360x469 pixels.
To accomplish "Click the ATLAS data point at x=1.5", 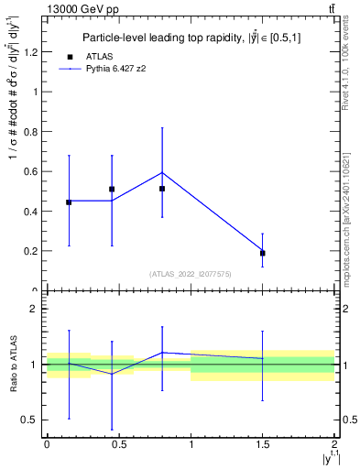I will tap(263, 253).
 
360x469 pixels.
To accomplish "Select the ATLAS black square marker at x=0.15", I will tap(69, 202).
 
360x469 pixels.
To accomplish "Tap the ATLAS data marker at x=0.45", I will tap(112, 190).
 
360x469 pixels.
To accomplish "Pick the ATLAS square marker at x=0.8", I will tap(162, 189).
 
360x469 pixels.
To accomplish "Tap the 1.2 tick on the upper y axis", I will tap(32, 51).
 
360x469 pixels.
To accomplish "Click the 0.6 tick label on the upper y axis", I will tap(32, 171).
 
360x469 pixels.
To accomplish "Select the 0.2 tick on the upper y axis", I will tap(32, 251).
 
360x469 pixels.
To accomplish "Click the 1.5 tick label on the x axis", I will tap(263, 445).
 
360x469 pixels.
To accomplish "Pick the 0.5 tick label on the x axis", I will tap(118, 445).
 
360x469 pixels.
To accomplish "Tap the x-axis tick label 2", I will tap(334, 445).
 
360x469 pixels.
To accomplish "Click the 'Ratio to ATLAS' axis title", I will tap(11, 365).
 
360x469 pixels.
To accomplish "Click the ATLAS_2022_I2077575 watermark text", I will tap(191, 273).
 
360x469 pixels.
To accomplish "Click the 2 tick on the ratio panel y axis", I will tap(34, 309).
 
